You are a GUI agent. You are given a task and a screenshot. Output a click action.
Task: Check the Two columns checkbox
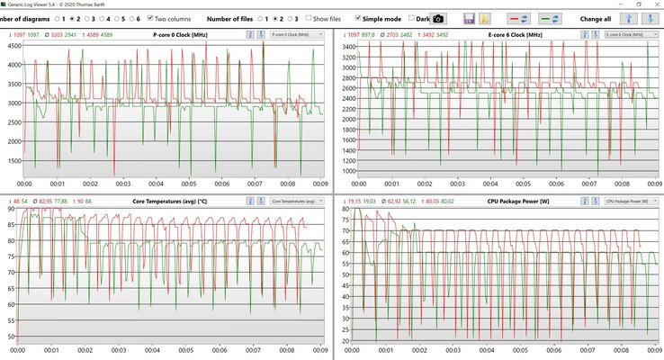pyautogui.click(x=151, y=18)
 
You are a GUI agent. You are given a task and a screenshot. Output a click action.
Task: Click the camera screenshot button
pyautogui.click(x=438, y=18)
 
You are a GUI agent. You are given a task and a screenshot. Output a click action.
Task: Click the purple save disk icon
pyautogui.click(x=470, y=18)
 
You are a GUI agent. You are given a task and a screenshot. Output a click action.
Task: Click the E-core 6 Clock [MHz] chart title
pyautogui.click(x=491, y=34)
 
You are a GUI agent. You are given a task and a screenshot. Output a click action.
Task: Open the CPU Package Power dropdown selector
pyautogui.click(x=628, y=200)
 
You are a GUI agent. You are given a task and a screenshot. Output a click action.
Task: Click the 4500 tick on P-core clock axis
pyautogui.click(x=13, y=65)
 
